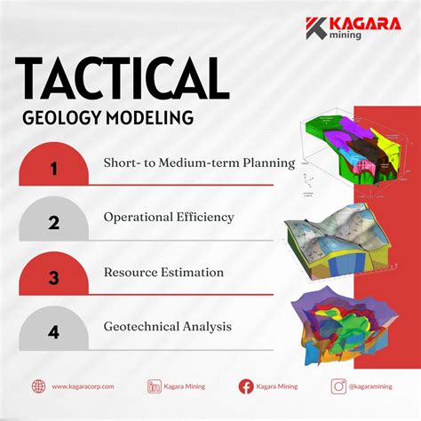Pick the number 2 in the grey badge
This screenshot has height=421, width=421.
54,221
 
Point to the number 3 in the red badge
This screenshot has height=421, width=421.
54,276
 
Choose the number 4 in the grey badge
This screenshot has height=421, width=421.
54,330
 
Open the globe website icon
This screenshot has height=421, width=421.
38,386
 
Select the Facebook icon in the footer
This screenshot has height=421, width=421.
246,386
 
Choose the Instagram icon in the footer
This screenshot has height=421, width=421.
338,386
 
